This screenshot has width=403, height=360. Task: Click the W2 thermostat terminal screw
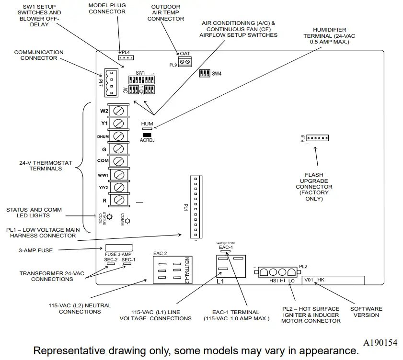click(118, 111)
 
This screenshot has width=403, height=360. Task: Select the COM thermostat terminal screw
click(118, 161)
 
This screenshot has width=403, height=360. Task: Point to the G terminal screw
click(118, 149)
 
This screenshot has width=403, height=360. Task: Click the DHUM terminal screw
click(118, 136)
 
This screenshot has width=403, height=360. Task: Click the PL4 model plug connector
click(126, 58)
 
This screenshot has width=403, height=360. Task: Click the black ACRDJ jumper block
click(147, 135)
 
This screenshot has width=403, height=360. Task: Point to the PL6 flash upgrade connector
click(317, 138)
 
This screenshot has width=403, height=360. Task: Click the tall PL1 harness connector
click(194, 206)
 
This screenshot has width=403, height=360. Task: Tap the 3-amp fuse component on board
click(118, 248)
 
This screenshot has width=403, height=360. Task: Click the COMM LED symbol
click(128, 221)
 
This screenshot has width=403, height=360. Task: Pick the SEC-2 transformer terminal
click(110, 264)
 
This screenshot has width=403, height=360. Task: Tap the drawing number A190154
click(380, 343)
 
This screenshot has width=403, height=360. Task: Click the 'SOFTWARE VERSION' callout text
click(366, 312)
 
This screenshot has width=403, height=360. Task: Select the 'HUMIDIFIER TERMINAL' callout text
click(329, 35)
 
